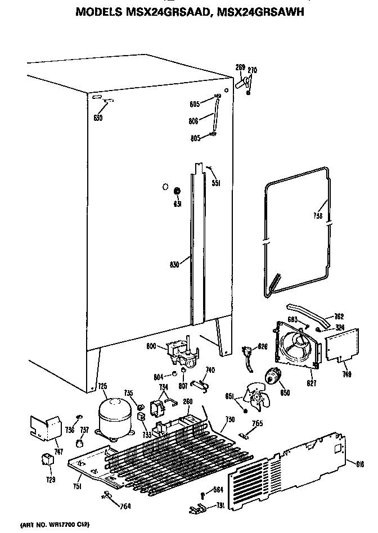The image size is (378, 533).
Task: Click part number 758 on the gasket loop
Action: point(318,218)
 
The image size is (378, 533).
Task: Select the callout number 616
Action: point(359,463)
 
